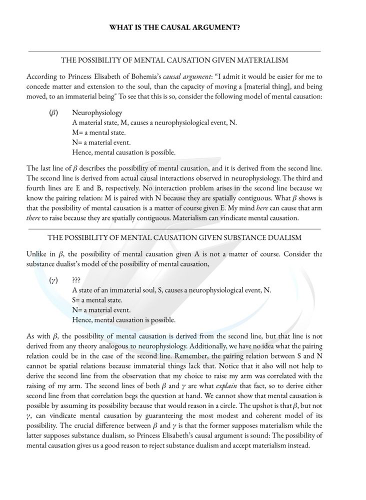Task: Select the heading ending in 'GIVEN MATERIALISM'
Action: [x=174, y=60]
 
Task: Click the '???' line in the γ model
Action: [x=76, y=280]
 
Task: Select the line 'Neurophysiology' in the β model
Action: [x=97, y=113]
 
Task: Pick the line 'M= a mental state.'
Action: [x=98, y=132]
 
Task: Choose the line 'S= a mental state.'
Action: [x=97, y=300]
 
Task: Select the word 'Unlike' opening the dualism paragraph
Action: [x=36, y=254]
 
